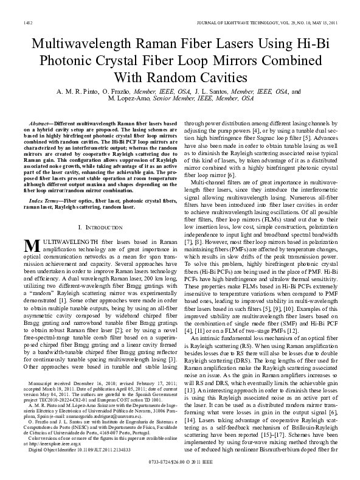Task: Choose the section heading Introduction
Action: pyautogui.click(x=101, y=209)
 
